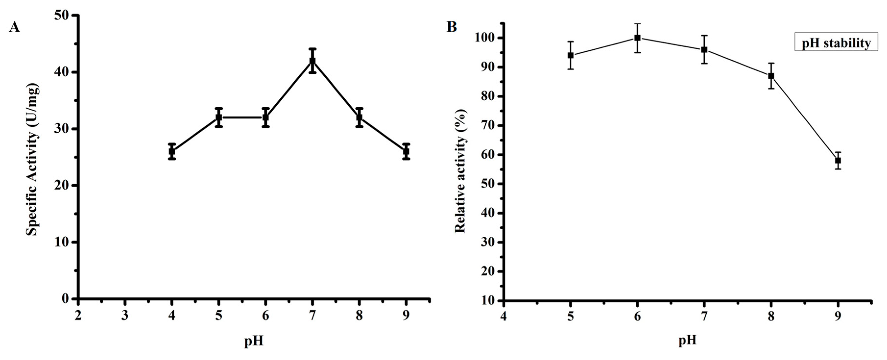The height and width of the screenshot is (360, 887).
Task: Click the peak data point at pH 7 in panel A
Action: coord(312,61)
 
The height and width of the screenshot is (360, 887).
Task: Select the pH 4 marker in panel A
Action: coord(172,151)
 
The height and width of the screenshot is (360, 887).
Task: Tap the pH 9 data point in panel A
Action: coord(406,151)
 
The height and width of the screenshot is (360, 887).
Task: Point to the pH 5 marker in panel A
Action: coord(219,117)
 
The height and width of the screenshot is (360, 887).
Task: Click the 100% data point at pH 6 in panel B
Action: coord(637,38)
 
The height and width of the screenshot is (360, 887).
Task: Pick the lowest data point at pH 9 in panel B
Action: coord(838,160)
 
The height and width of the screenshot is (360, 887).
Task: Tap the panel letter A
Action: coord(14,27)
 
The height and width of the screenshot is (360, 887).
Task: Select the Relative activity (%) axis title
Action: coord(460,171)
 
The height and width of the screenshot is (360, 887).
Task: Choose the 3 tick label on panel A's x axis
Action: coord(125,315)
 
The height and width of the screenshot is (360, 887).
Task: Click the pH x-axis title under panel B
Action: coord(687,340)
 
